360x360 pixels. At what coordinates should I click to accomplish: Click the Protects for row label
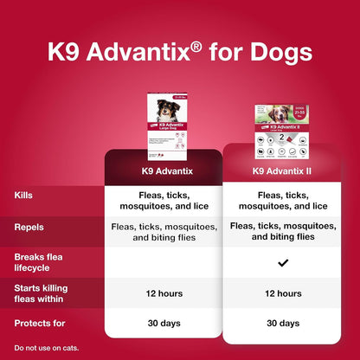point(39,324)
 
